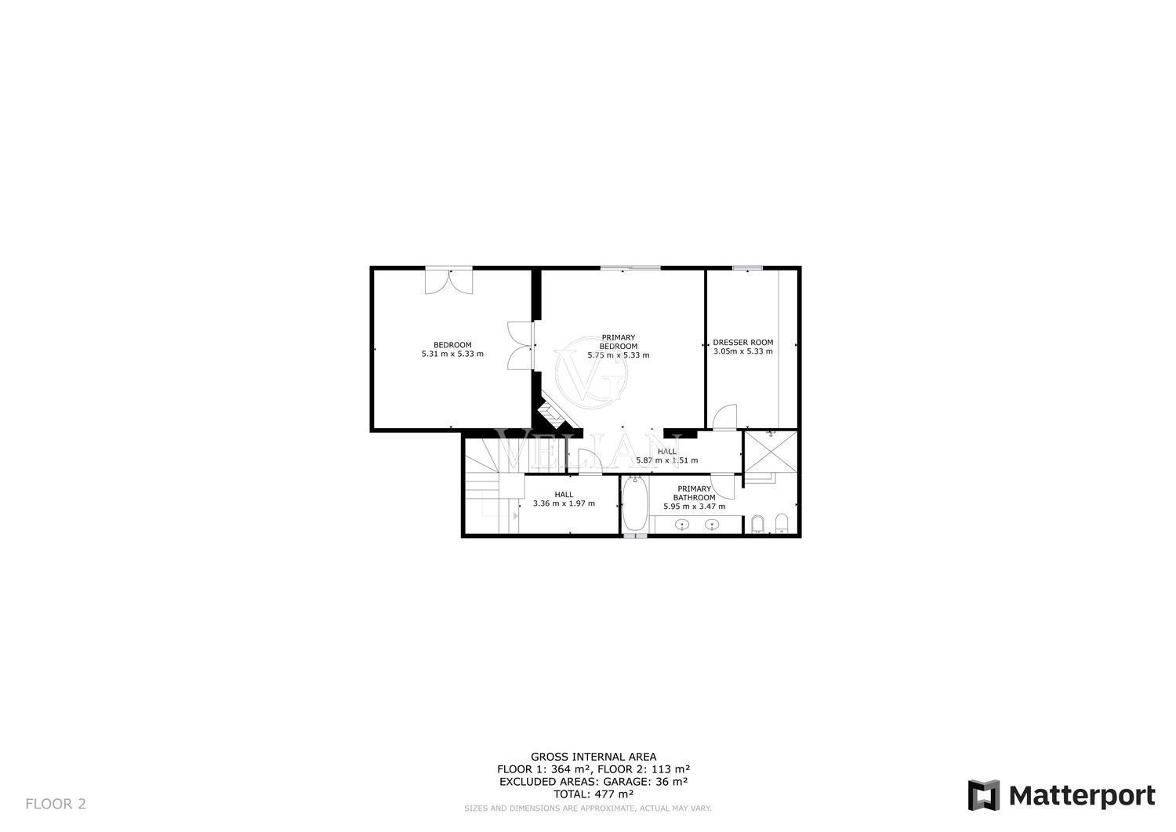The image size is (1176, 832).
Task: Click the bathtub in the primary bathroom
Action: click(x=635, y=503)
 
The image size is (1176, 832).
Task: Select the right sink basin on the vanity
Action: click(x=712, y=524)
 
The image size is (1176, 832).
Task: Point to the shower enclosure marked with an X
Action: click(x=771, y=452)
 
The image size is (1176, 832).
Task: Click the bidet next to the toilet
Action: click(x=757, y=524)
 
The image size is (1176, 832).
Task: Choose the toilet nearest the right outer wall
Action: click(x=782, y=524)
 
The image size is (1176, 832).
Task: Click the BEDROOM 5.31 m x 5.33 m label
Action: click(x=452, y=349)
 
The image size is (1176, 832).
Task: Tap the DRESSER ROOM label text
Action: click(x=743, y=343)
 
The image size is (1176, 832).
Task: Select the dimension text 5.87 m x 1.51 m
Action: click(x=666, y=460)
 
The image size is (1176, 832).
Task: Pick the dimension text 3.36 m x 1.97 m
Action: click(x=564, y=503)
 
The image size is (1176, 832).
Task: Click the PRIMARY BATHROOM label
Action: click(x=694, y=492)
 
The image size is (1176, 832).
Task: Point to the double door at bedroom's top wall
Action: click(x=449, y=281)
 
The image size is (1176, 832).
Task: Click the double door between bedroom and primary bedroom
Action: click(x=521, y=346)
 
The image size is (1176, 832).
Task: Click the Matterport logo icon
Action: click(x=984, y=794)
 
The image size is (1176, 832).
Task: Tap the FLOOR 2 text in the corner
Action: click(x=56, y=804)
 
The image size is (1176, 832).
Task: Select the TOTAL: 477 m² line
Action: click(x=593, y=794)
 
